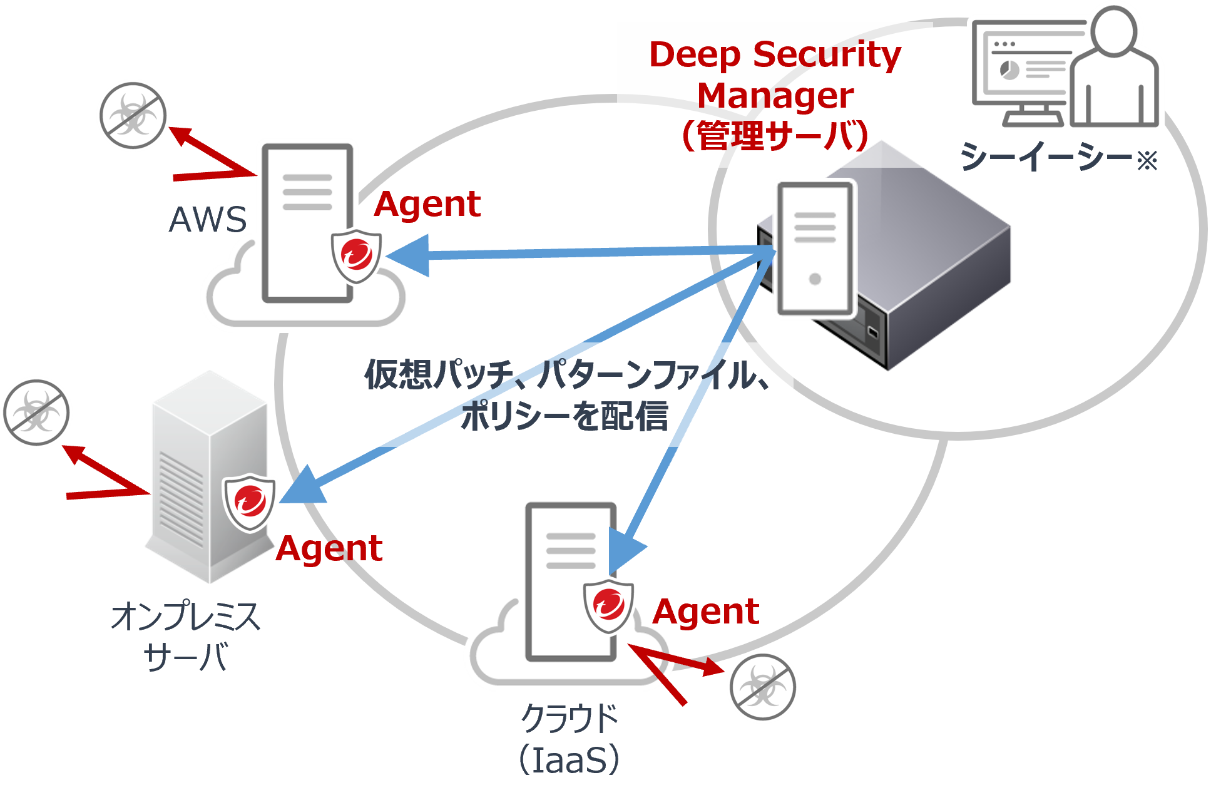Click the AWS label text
(208, 219)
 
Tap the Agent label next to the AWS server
(427, 204)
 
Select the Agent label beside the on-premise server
(329, 548)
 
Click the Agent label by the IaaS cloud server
(706, 611)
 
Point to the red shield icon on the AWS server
(356, 255)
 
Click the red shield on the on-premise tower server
(250, 501)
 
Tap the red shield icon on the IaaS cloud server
(608, 605)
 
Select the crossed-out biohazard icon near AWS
(133, 115)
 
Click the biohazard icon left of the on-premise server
(37, 412)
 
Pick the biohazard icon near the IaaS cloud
(762, 687)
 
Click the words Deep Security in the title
(775, 54)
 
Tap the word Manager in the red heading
(775, 96)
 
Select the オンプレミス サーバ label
(185, 635)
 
